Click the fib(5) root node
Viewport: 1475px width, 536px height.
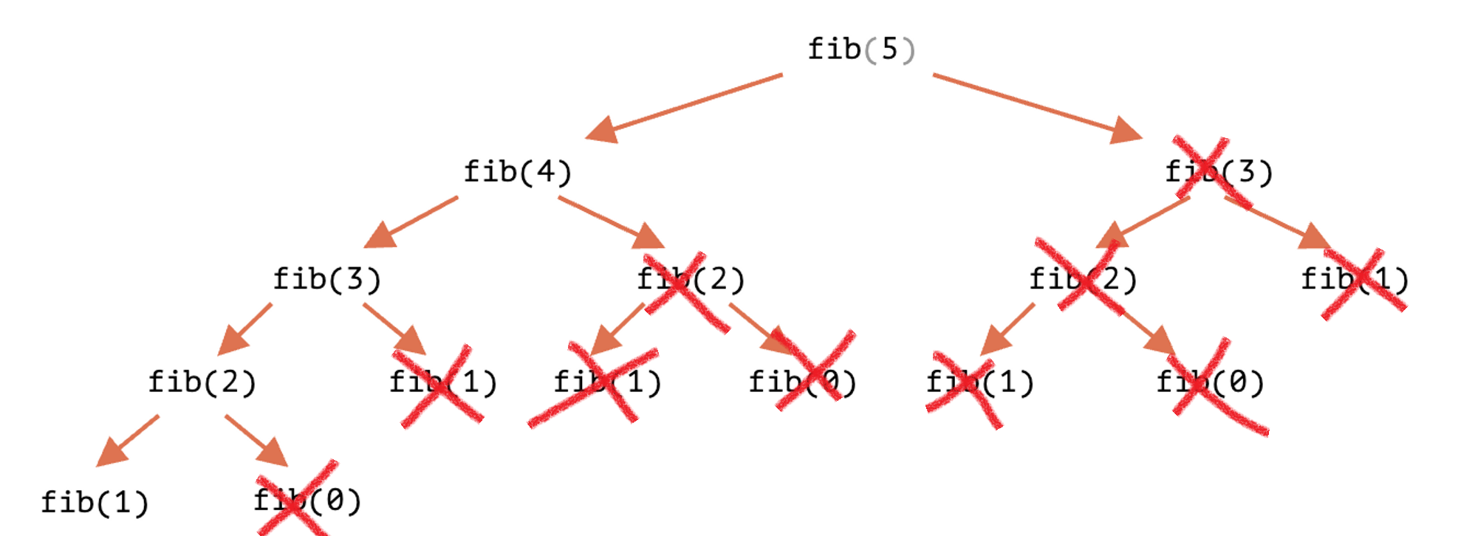coord(861,49)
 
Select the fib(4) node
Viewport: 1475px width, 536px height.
coord(518,172)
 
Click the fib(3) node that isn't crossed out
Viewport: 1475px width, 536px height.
coord(327,279)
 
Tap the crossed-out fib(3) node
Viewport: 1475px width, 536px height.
coord(1219,172)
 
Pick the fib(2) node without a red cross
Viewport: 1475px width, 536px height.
coord(202,382)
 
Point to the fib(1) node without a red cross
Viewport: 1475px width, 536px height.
coord(95,503)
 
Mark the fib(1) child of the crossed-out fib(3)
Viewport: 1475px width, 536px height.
coord(1355,279)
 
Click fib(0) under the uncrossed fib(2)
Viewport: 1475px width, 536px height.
coord(307,501)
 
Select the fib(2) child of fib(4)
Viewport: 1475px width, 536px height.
coord(691,279)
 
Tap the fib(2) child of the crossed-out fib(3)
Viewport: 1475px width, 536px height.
coord(1083,279)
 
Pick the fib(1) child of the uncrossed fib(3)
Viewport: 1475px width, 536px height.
coord(443,382)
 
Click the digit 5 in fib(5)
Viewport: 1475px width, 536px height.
coord(889,49)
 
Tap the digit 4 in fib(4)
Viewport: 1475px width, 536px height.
coord(546,172)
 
